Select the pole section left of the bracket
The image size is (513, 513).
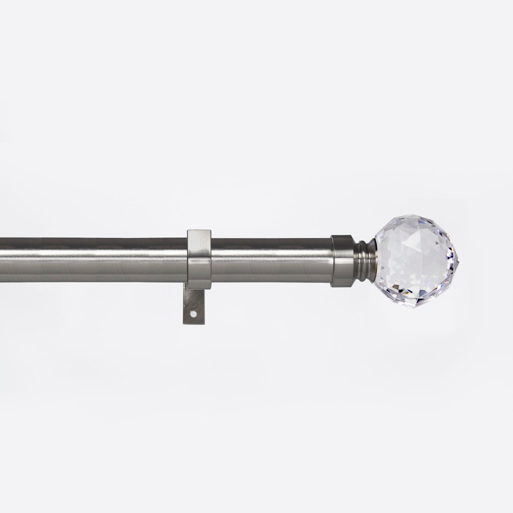[92, 261]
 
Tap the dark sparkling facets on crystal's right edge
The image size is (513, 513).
[453, 254]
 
